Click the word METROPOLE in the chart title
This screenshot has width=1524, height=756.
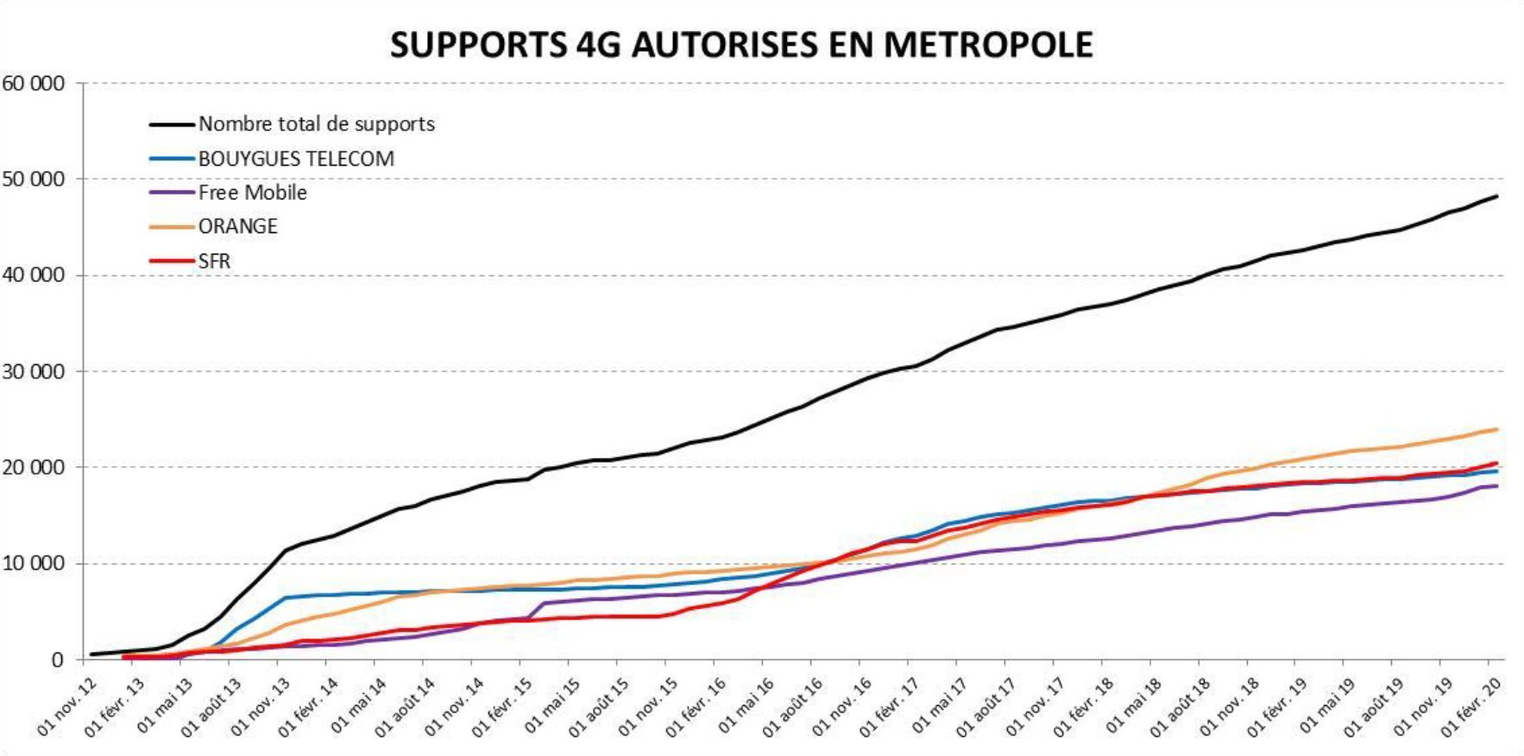click(x=988, y=45)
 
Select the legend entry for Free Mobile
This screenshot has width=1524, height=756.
click(x=252, y=192)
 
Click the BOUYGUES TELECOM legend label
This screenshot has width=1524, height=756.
click(x=296, y=159)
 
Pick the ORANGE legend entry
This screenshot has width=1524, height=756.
click(x=237, y=226)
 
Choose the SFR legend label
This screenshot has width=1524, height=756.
click(x=214, y=261)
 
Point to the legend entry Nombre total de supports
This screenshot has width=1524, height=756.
click(x=316, y=124)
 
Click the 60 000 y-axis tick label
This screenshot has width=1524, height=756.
click(x=34, y=84)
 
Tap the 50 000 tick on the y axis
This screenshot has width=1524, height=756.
click(x=34, y=180)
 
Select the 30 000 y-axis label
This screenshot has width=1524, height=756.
click(x=34, y=372)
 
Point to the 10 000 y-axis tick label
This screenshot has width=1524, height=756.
click(x=34, y=564)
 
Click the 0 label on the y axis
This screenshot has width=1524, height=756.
click(x=57, y=660)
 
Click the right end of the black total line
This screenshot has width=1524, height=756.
click(x=1496, y=197)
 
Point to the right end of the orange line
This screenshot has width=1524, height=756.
click(x=1496, y=429)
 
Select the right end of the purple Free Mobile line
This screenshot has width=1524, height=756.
click(x=1496, y=486)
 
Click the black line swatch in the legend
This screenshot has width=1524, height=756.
click(x=171, y=124)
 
